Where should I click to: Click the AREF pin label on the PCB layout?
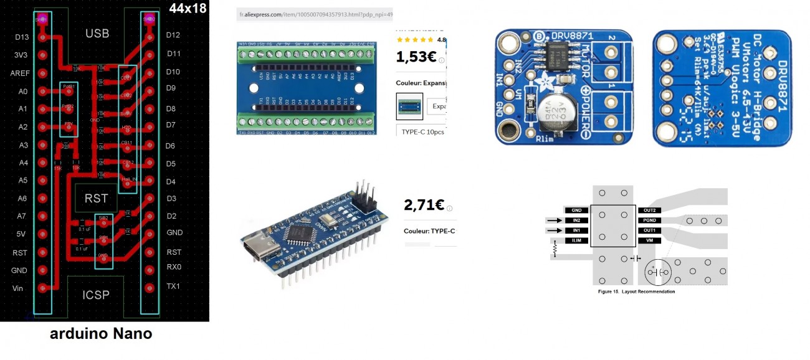[x=20, y=73]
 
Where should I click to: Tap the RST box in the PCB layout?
[x=96, y=199]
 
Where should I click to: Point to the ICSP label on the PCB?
[x=95, y=295]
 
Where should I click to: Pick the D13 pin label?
[x=21, y=37]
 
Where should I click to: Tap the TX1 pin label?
[x=173, y=287]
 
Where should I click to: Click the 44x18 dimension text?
[x=188, y=8]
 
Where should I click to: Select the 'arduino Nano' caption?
[x=101, y=334]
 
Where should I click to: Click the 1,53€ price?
[x=416, y=57]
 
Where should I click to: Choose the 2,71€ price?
[x=424, y=205]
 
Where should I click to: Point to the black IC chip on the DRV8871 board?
[x=559, y=57]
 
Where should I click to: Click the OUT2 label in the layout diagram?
[x=649, y=211]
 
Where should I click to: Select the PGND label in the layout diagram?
[x=649, y=220]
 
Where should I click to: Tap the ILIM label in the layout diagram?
[x=576, y=240]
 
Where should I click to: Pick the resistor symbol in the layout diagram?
[x=554, y=250]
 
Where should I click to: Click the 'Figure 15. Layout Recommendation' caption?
[x=636, y=291]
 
